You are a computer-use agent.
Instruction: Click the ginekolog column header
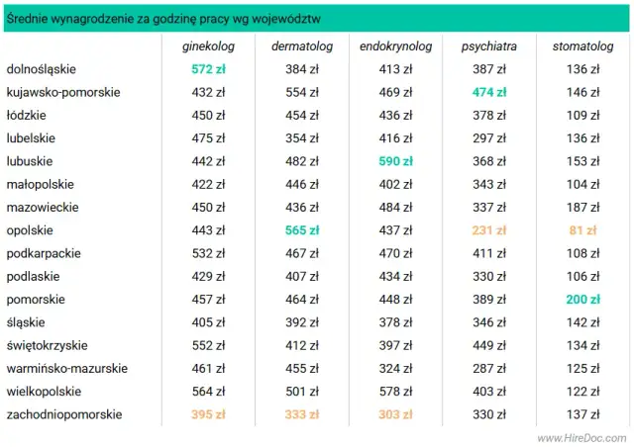click(208, 46)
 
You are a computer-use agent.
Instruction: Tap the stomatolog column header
click(582, 46)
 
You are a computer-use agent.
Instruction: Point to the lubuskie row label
click(30, 161)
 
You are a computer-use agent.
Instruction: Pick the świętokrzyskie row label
click(48, 345)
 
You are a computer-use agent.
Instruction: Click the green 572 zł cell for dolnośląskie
click(208, 69)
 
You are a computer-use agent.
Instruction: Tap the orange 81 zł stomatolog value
click(582, 230)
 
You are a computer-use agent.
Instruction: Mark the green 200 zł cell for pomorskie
click(582, 300)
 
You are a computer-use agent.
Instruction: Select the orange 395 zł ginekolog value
click(208, 414)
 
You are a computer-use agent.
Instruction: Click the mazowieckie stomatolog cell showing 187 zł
click(582, 208)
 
